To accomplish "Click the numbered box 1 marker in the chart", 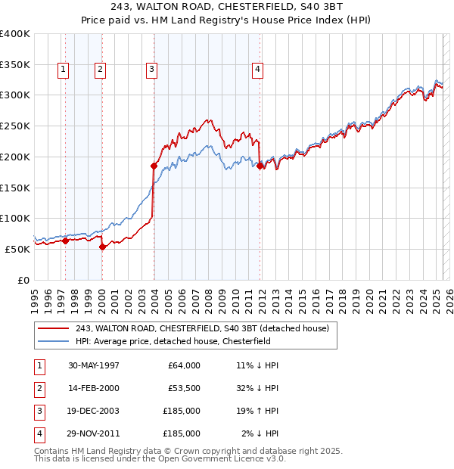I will pos(63,70).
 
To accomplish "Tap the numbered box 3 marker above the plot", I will pos(151,70).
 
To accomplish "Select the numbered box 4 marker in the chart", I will pos(258,70).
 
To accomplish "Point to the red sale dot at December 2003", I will pos(154,166).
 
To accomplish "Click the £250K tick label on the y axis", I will pos(15,126).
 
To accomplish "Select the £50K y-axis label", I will pos(18,249).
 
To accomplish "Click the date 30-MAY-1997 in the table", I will pos(94,365).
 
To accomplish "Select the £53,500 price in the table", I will pos(182,389).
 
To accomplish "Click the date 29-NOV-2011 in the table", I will pos(94,434).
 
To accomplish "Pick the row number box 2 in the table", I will pos(39,389).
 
